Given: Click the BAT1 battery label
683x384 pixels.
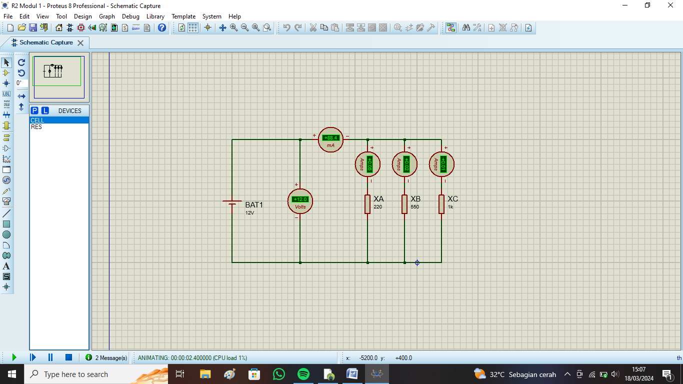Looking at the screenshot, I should [x=253, y=205].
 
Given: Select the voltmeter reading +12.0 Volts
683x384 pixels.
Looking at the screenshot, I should [x=300, y=201].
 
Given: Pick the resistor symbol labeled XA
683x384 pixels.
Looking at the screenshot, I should [x=367, y=204].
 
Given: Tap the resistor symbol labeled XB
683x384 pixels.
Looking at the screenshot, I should [x=404, y=204].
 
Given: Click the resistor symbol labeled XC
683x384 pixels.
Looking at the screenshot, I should [x=441, y=204].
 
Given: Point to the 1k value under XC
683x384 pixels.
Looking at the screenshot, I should [x=450, y=207].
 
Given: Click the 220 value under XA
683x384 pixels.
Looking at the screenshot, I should [x=377, y=207].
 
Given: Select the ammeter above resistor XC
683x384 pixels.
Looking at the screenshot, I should [x=441, y=164].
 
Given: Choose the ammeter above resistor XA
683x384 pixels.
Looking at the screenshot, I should [x=367, y=164].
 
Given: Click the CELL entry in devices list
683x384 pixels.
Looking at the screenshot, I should [x=37, y=120].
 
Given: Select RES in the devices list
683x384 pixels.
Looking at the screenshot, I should [x=36, y=127].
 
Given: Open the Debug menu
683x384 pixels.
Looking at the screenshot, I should [x=130, y=16].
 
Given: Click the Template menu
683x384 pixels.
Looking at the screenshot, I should [x=183, y=16].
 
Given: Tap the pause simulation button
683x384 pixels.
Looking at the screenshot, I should [x=50, y=357].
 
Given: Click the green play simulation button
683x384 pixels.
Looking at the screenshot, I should [x=14, y=357].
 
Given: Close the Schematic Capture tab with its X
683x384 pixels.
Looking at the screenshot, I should [x=80, y=43].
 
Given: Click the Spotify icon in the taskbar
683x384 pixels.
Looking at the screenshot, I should [x=303, y=374].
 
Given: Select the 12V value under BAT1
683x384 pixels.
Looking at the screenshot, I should [x=249, y=213].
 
